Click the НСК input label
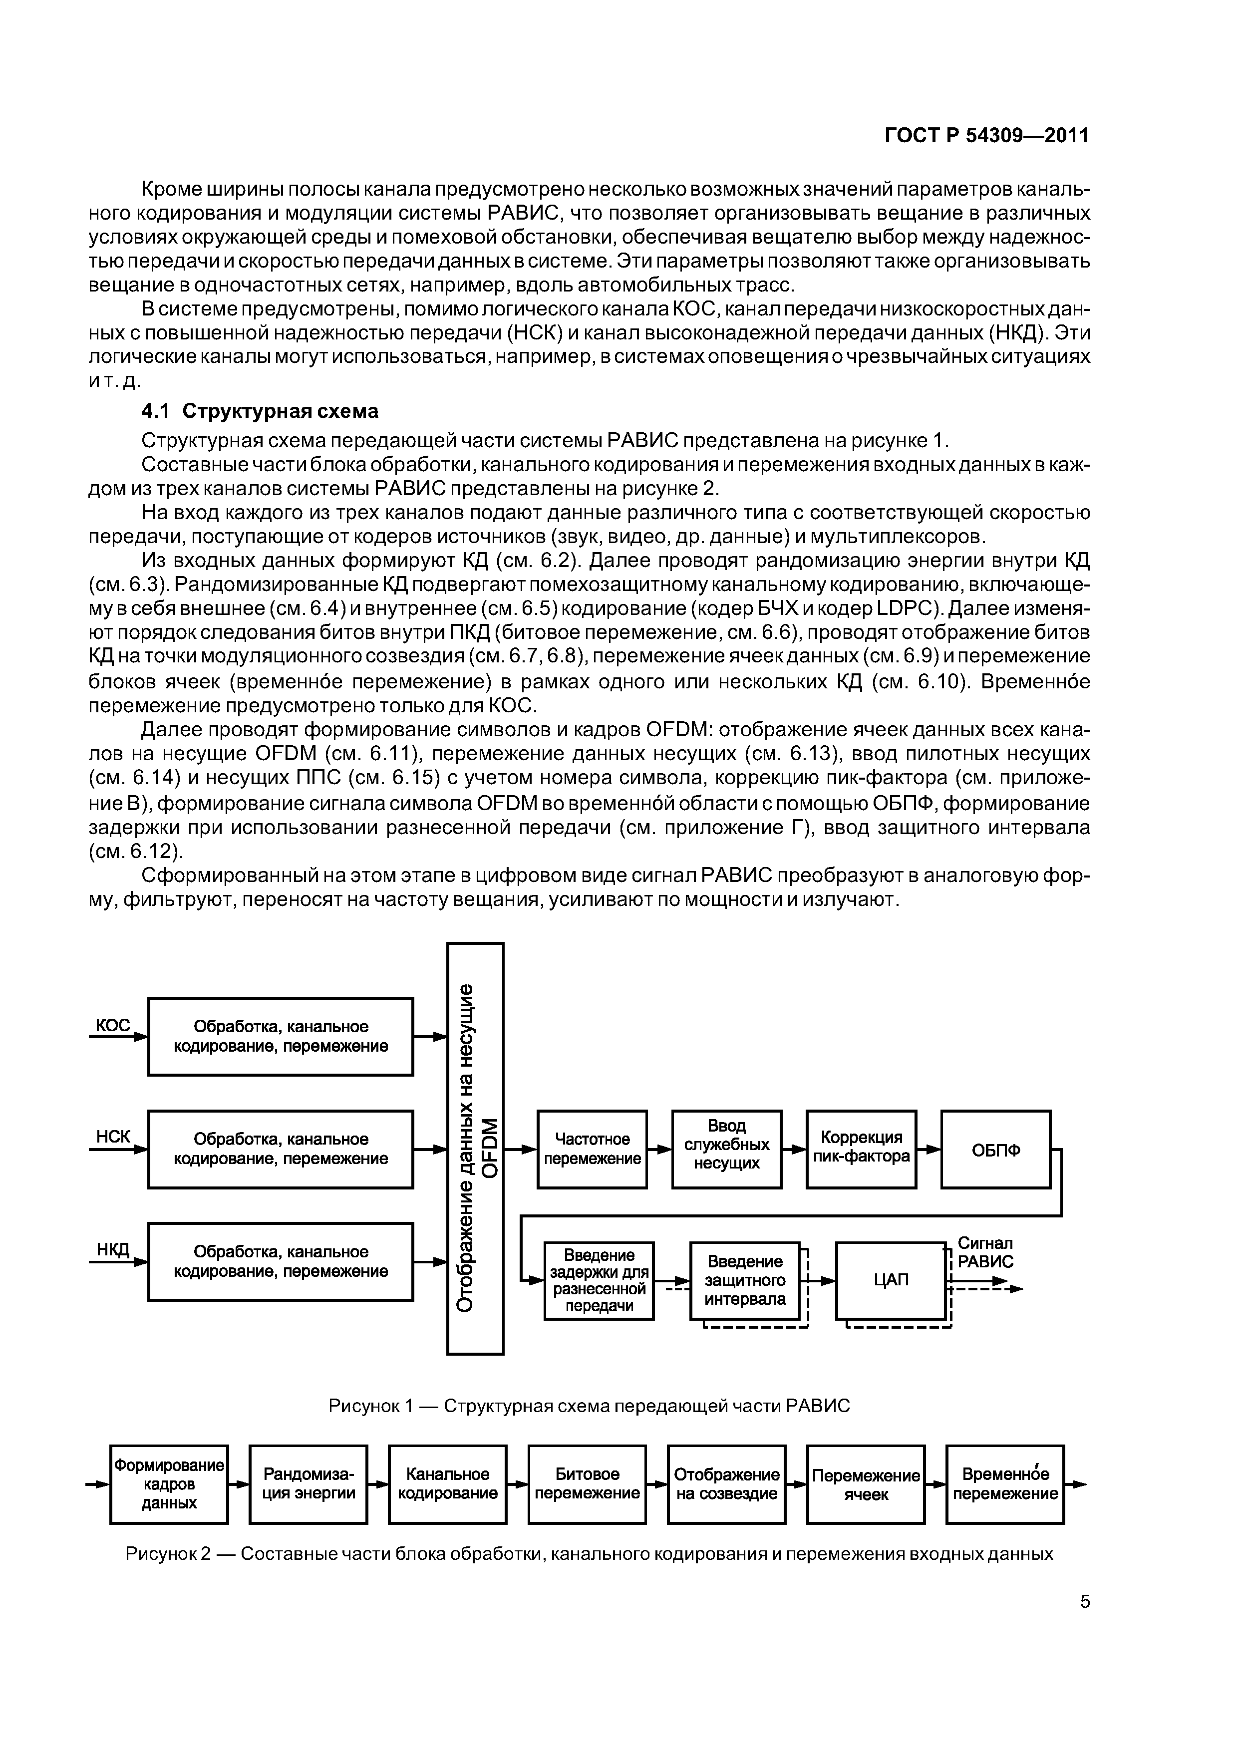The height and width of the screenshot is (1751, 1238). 113,1137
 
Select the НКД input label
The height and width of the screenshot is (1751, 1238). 113,1249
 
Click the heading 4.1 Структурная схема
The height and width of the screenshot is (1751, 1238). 260,411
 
